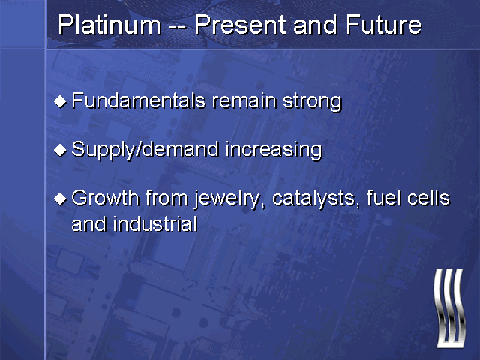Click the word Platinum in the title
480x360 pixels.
[109, 25]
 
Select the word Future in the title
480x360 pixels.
[383, 25]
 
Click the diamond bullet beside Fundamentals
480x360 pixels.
[60, 101]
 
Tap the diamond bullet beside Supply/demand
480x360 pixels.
[60, 150]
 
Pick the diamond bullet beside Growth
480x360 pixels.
[60, 199]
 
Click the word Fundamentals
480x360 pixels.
[138, 100]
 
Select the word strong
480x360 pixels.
[312, 103]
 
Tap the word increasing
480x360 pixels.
[274, 151]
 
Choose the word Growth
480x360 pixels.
[105, 198]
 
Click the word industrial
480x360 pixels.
[155, 224]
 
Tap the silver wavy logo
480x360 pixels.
[449, 308]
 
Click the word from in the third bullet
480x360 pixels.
[166, 198]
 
